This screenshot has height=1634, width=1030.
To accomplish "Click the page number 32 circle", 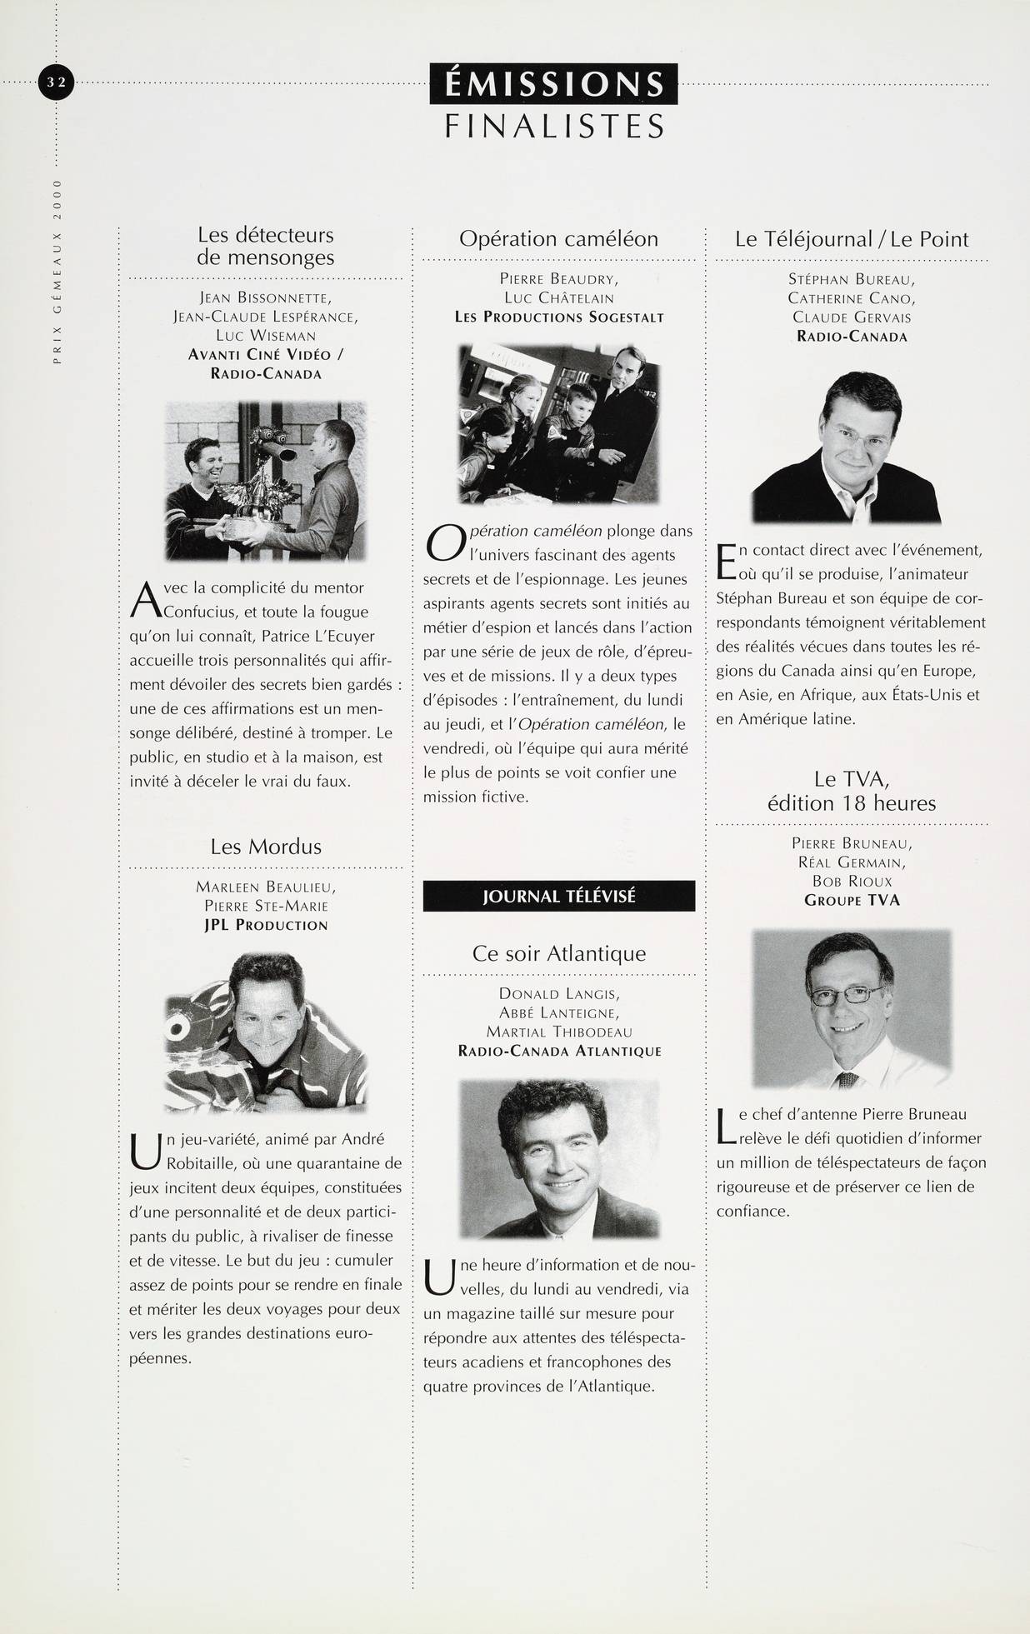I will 57,82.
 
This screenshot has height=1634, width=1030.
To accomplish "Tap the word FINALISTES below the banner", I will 554,126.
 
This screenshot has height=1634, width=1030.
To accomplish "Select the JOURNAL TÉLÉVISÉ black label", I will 558,897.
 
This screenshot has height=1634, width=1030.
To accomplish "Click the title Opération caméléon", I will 558,239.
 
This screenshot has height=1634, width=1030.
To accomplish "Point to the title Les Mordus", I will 266,847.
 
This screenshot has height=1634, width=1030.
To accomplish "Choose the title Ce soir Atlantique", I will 558,953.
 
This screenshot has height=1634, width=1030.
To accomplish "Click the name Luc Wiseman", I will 266,336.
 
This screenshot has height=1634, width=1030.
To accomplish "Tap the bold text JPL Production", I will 266,925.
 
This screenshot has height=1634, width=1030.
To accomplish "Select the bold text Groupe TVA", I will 852,900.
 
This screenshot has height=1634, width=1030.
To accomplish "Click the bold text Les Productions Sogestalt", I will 558,317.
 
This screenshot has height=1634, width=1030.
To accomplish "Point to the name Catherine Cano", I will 852,298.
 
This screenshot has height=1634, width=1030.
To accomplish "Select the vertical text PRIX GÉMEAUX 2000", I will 57,270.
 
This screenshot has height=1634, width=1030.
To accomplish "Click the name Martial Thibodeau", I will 558,1032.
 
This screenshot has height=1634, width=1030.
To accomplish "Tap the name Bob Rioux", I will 852,881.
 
